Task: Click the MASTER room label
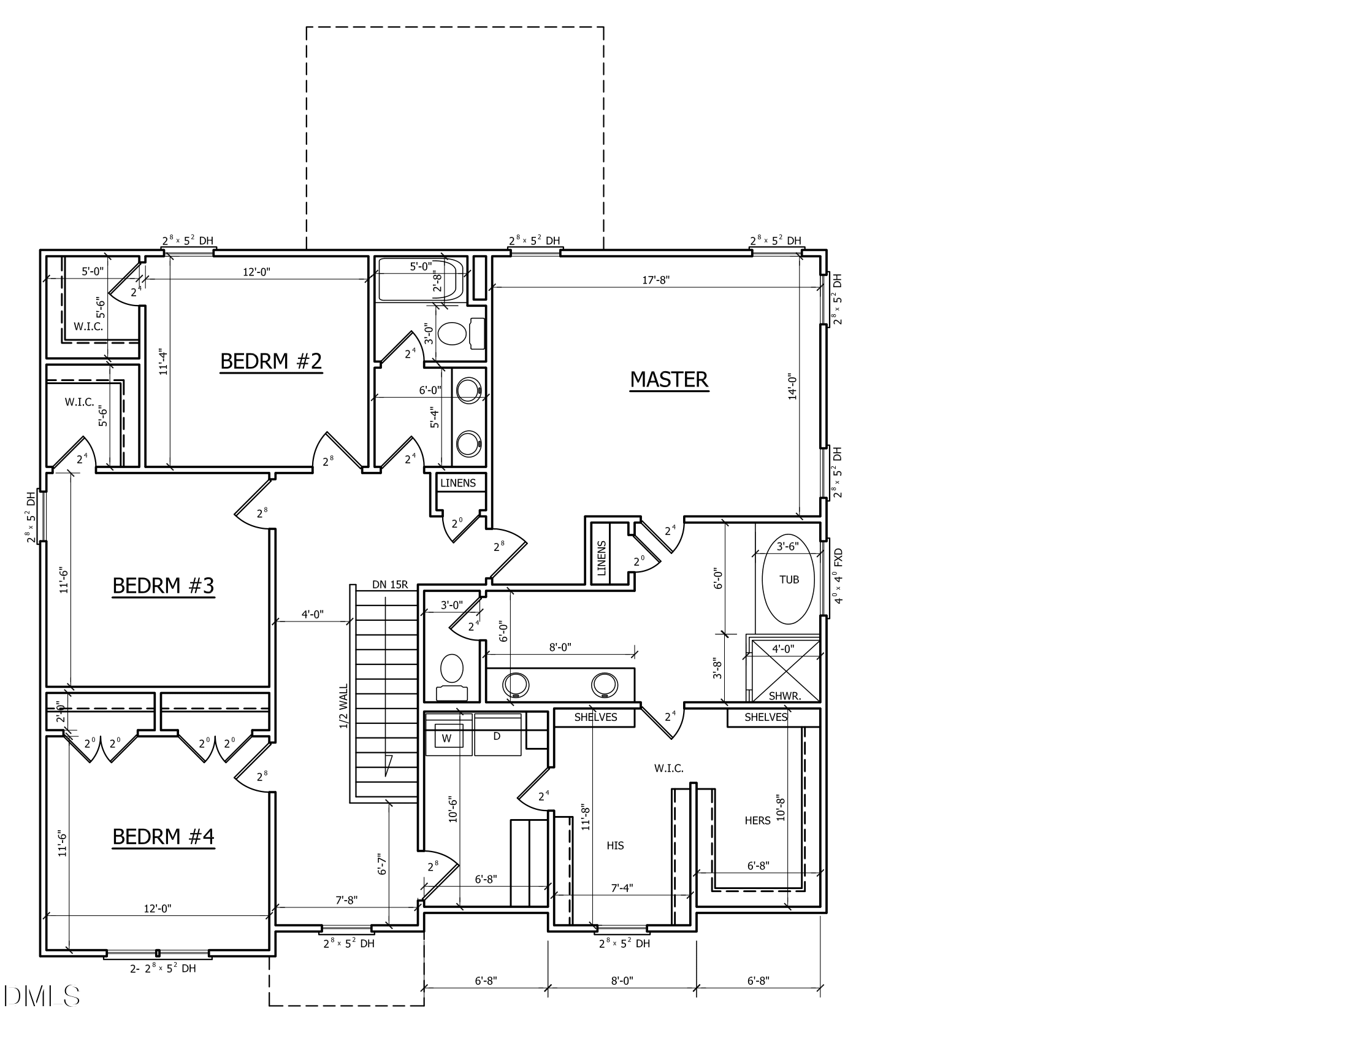pyautogui.click(x=669, y=379)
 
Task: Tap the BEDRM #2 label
pyautogui.click(x=271, y=361)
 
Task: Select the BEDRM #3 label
pyautogui.click(x=163, y=585)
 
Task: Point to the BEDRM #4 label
pyautogui.click(x=163, y=837)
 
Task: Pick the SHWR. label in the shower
pyautogui.click(x=784, y=696)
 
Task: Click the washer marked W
pyautogui.click(x=446, y=737)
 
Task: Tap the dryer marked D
pyautogui.click(x=496, y=736)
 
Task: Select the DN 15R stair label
pyautogui.click(x=390, y=585)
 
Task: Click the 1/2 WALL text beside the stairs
pyautogui.click(x=344, y=706)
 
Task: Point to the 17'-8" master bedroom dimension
pyautogui.click(x=655, y=280)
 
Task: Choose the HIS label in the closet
pyautogui.click(x=614, y=846)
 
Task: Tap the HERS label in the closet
pyautogui.click(x=757, y=820)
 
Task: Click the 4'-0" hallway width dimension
pyautogui.click(x=313, y=615)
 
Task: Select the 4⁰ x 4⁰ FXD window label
pyautogui.click(x=838, y=575)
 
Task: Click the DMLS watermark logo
pyautogui.click(x=41, y=996)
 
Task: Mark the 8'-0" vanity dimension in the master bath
pyautogui.click(x=560, y=647)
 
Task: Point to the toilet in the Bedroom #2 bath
pyautogui.click(x=452, y=334)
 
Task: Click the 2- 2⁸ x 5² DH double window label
pyautogui.click(x=162, y=968)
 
